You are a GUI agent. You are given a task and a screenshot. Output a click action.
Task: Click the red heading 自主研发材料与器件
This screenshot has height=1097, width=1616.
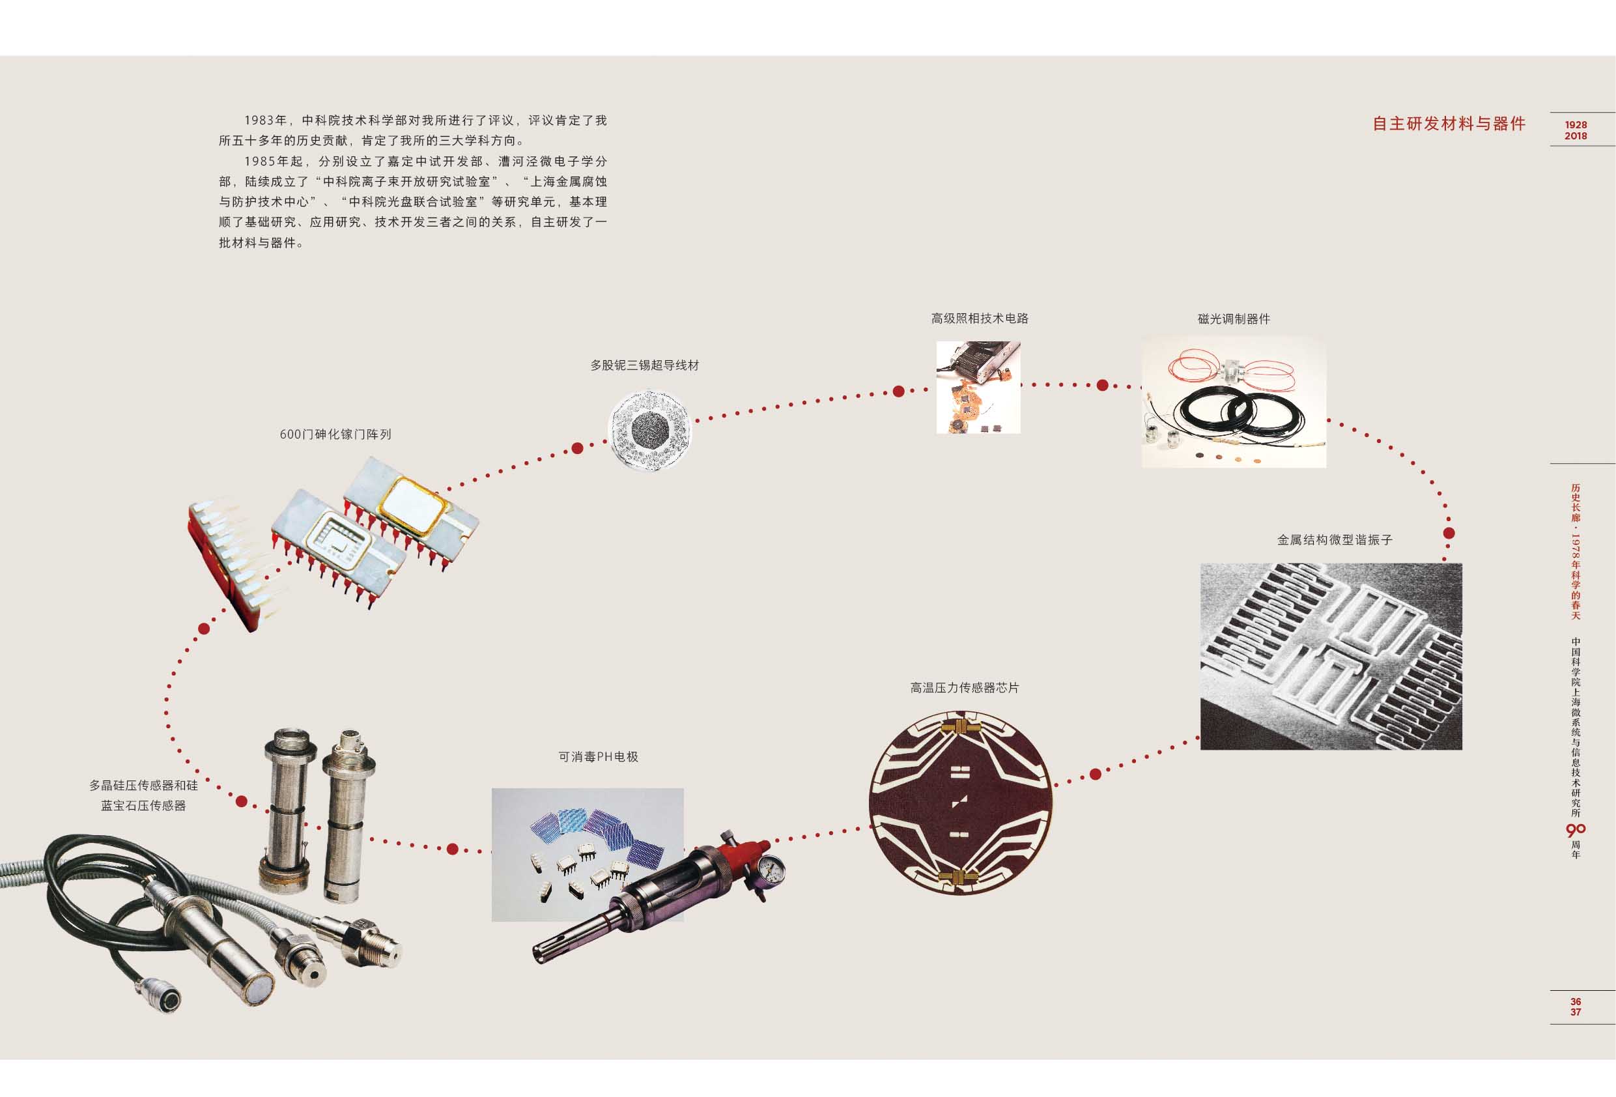(1449, 124)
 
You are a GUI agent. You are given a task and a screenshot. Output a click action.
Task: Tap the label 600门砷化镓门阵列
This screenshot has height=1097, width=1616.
(335, 434)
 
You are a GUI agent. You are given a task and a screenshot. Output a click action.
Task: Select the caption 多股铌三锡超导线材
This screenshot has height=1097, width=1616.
(645, 365)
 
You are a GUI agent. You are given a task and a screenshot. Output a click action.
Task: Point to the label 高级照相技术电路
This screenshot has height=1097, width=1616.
(979, 319)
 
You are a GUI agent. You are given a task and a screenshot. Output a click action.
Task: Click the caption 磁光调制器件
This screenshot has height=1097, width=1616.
(1234, 319)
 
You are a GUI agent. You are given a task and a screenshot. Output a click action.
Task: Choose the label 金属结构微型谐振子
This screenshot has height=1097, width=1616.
(1335, 540)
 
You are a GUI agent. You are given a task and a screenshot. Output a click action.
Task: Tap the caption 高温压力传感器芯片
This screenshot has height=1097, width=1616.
(965, 688)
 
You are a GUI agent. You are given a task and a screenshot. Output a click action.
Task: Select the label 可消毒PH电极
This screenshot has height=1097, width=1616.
(598, 757)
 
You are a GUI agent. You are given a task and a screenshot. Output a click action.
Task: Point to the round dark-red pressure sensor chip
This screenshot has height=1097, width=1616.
(960, 803)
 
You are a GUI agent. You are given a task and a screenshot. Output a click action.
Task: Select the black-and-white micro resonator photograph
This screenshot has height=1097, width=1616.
(1331, 656)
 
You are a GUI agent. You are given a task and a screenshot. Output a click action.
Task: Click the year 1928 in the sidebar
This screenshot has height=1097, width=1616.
(1576, 124)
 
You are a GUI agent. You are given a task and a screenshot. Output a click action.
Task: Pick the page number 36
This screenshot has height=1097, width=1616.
(1575, 1002)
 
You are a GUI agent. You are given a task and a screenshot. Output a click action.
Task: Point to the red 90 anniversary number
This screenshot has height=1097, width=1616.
(1575, 830)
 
